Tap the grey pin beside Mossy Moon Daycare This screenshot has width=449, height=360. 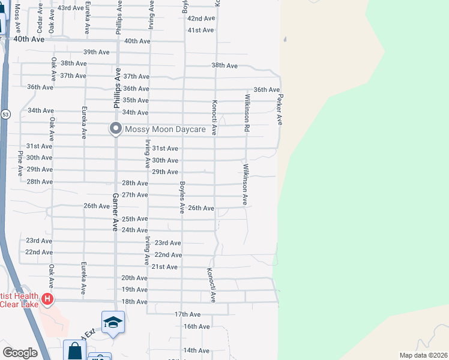click(115, 129)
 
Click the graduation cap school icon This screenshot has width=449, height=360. click(113, 322)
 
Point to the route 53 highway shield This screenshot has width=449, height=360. click(5, 114)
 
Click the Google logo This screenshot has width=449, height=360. click(20, 353)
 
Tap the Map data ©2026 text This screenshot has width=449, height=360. click(423, 355)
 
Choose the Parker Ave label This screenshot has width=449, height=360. click(279, 109)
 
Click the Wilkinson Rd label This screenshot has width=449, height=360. click(246, 112)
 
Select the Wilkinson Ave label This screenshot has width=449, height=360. click(245, 184)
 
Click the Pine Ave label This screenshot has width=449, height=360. click(20, 162)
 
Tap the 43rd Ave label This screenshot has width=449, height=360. click(70, 8)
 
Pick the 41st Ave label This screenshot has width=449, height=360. click(200, 30)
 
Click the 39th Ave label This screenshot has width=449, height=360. click(96, 52)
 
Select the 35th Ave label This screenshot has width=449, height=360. click(135, 100)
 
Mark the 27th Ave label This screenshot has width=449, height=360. click(134, 195)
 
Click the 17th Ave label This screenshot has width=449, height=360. click(187, 314)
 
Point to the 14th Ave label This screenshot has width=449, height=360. click(196, 350)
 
